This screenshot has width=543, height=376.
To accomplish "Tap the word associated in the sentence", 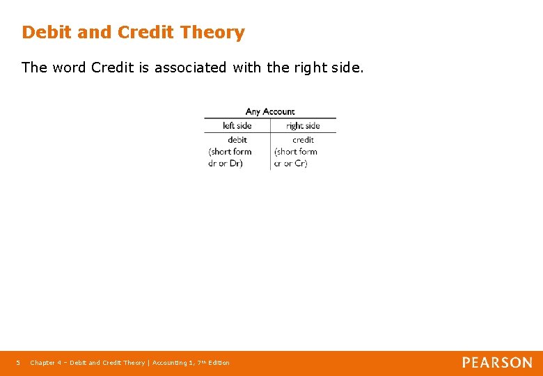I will coord(190,68).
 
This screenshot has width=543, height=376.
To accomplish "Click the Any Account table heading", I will coord(270,111).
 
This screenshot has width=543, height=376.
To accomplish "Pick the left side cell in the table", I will coord(237,126).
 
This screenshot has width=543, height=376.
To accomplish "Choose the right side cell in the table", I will coord(303,126).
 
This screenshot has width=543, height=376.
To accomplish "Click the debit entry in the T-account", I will coord(237,139).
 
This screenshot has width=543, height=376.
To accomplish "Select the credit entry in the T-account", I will coord(303,139).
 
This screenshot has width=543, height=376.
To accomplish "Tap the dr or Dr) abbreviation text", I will coord(226,164).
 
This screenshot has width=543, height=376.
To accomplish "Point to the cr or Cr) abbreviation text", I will coord(291,164).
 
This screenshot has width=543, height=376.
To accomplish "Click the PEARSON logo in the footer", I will coord(497,363).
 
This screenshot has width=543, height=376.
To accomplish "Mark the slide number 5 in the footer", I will coord(18,363).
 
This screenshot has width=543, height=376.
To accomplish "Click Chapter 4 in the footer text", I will coord(45,363).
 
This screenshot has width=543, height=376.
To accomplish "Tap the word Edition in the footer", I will coord(219,363).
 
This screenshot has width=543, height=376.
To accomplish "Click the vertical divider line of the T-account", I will coord(270,150).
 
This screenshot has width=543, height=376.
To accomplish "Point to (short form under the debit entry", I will coord(230,152).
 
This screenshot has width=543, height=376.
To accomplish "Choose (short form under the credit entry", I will coord(295,152).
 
